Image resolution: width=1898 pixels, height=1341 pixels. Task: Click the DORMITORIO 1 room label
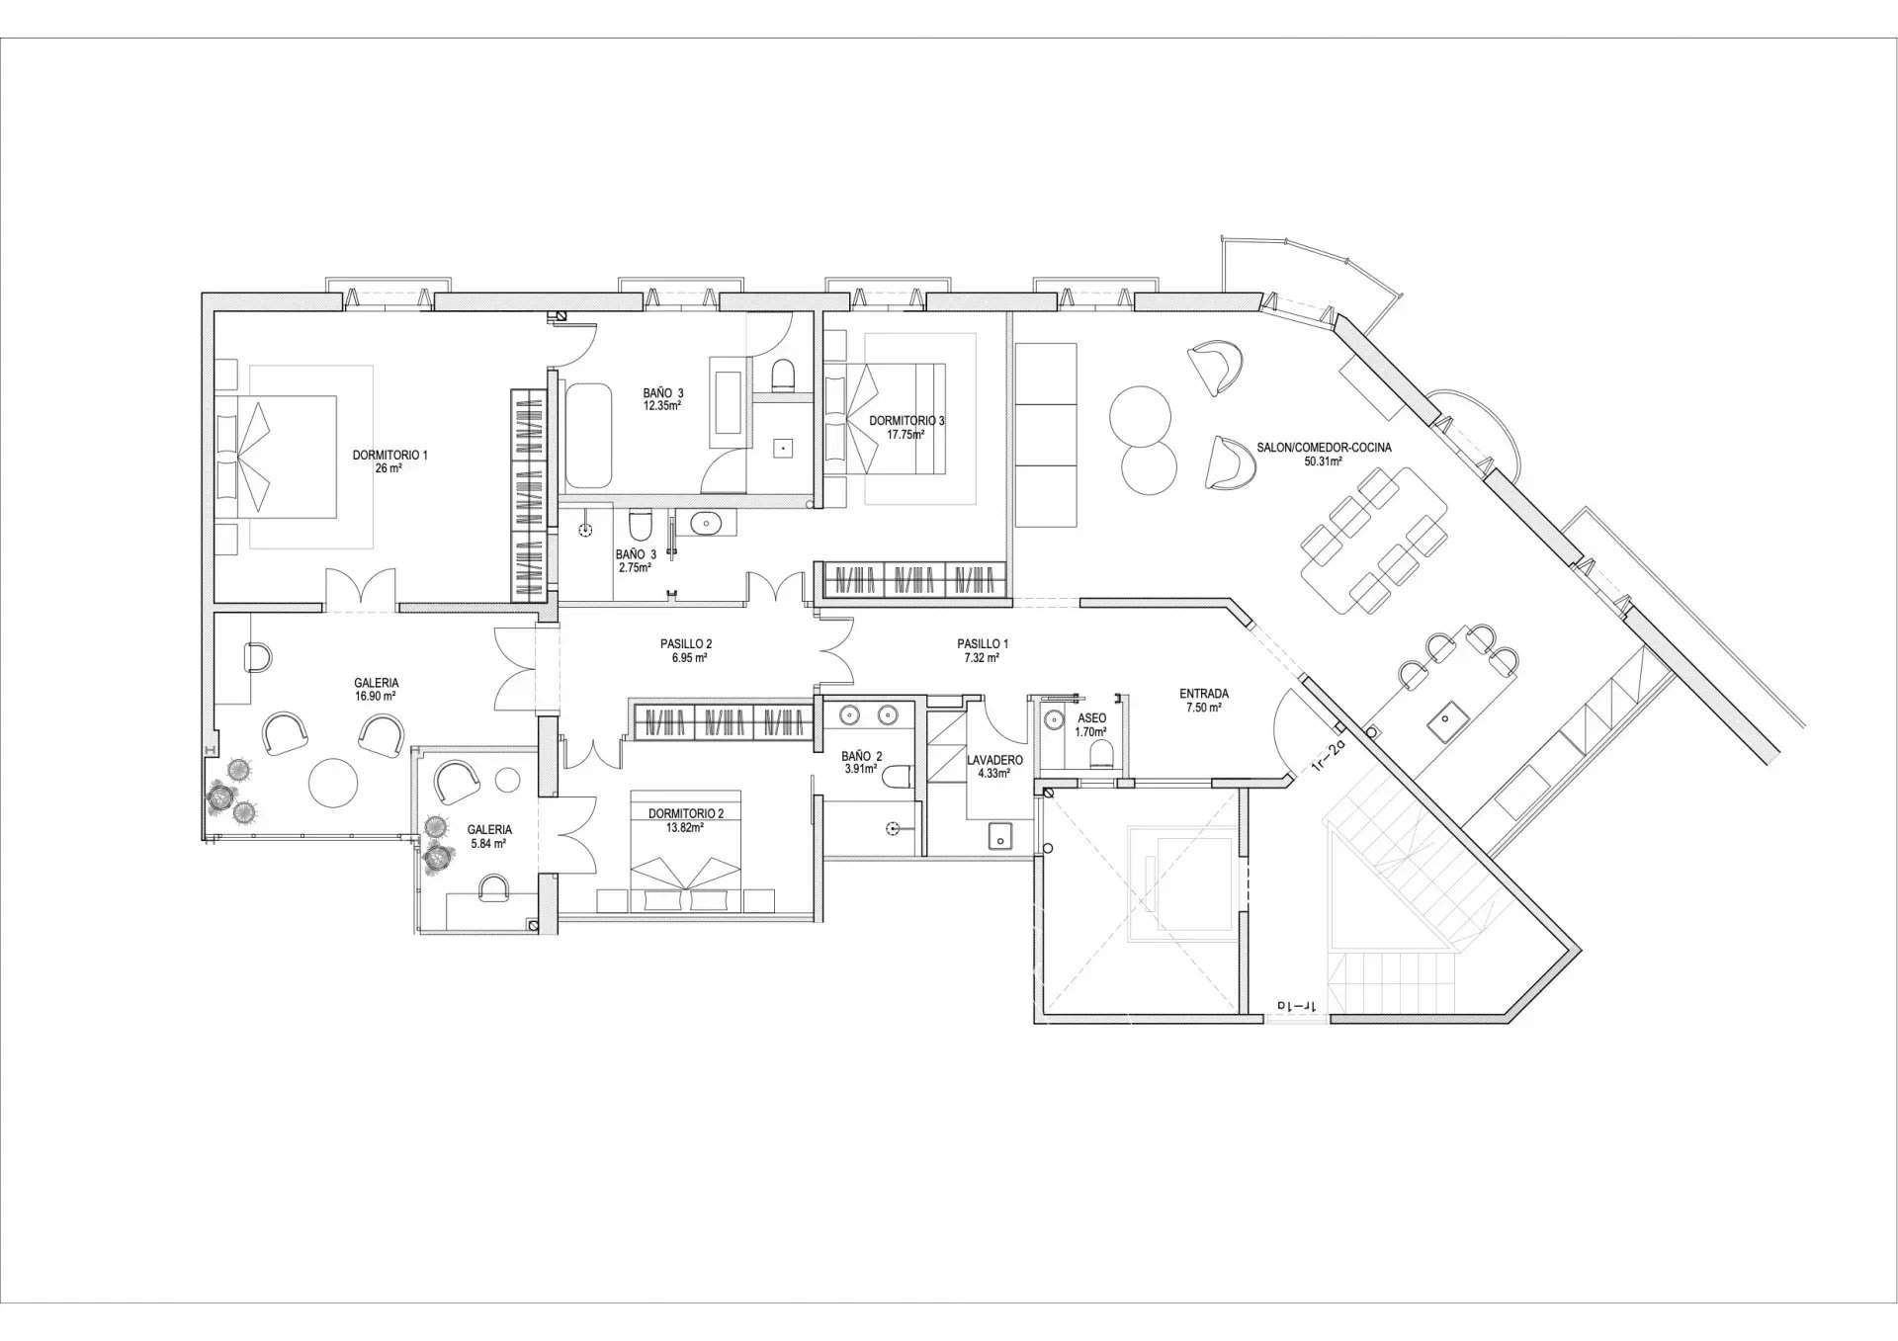tap(389, 456)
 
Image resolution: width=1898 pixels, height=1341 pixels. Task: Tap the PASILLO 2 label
tap(686, 643)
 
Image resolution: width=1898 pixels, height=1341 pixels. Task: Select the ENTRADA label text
tap(1203, 694)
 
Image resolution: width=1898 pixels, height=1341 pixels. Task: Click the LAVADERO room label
tap(993, 760)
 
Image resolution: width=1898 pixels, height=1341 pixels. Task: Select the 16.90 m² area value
tap(375, 696)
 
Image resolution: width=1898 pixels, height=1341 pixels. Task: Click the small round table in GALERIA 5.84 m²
tap(507, 779)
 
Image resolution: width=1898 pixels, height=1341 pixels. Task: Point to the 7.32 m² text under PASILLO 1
tap(982, 657)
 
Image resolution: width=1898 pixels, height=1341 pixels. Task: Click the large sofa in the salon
tap(1045, 435)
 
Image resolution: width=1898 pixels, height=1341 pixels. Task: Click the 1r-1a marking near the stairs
tap(1295, 1006)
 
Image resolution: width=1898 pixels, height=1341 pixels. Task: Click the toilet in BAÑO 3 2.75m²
tap(640, 521)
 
